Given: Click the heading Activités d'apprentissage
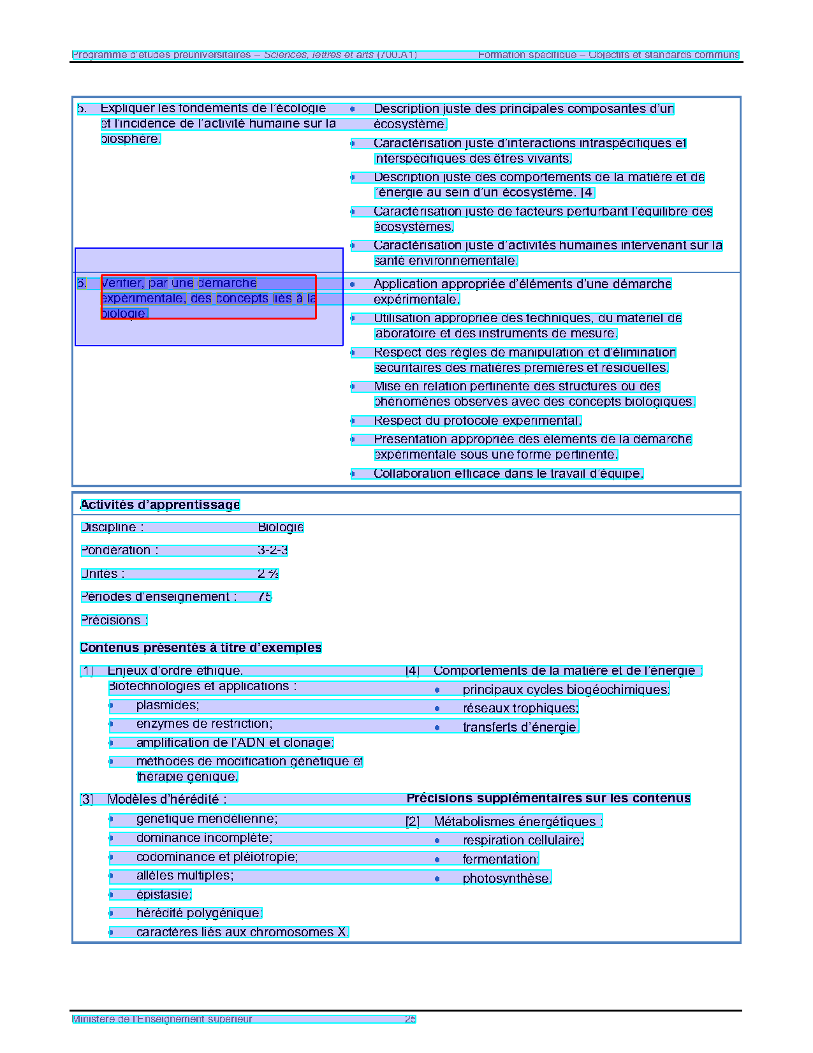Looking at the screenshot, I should [160, 505].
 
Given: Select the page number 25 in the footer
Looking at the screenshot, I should [410, 1019].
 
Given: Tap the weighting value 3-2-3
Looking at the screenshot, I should [272, 550].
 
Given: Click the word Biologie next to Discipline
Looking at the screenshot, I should [281, 527].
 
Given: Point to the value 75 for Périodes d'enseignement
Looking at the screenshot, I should [265, 597].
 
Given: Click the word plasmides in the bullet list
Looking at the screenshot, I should [167, 705].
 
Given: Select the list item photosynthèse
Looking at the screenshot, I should [506, 878].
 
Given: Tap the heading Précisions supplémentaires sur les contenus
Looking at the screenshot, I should [548, 799].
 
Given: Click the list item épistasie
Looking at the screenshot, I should [163, 895].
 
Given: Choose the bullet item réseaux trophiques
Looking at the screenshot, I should [520, 708].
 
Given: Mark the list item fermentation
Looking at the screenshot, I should [501, 859].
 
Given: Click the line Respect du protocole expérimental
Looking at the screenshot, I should [477, 421].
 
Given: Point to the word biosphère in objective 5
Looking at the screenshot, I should [130, 139].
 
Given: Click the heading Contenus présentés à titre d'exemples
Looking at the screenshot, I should [201, 648].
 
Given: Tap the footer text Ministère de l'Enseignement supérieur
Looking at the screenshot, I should [162, 1019].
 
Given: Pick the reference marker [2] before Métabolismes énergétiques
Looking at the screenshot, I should [413, 821].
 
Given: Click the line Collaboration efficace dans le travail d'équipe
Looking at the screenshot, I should [508, 473].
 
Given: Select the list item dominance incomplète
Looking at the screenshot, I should [204, 838].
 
